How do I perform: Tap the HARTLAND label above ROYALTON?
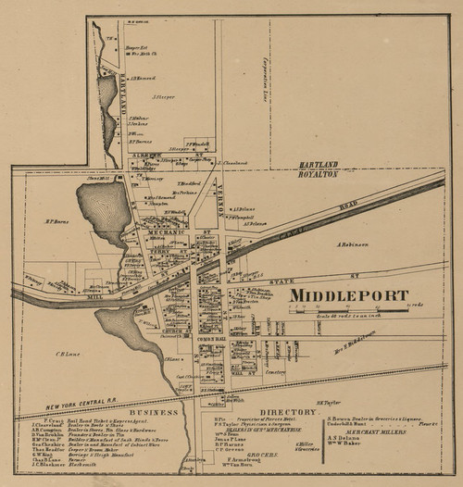pos(317,163)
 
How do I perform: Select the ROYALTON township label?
pos(319,171)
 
